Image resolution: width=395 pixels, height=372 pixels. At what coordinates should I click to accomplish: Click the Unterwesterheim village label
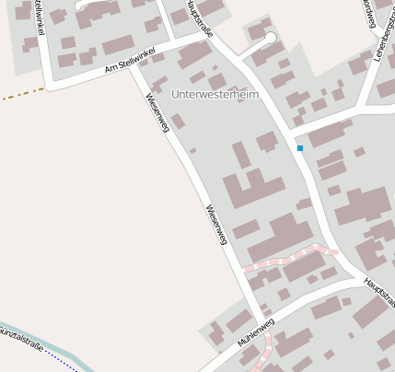(215, 94)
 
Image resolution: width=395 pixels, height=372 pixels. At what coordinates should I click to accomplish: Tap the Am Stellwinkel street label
(132, 58)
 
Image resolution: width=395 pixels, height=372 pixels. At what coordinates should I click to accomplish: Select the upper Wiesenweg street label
(157, 113)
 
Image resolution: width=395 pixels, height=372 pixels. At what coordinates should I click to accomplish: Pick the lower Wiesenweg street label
(216, 224)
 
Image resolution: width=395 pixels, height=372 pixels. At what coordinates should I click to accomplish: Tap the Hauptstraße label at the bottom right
(378, 294)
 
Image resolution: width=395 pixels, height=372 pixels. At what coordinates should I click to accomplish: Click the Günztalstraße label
(20, 333)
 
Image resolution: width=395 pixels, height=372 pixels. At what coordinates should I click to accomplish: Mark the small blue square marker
(300, 148)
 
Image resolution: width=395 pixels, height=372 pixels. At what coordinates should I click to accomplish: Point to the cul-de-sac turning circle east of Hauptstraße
(270, 38)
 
